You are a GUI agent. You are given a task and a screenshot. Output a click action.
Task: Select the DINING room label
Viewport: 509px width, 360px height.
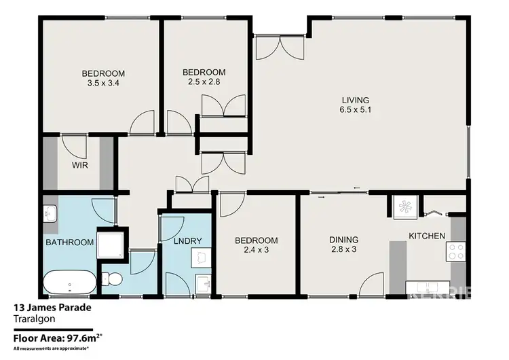click(x=343, y=240)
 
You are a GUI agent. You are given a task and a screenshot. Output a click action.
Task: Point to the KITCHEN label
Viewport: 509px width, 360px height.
click(x=426, y=236)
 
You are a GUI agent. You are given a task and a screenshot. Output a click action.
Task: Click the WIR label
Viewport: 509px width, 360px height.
click(x=79, y=165)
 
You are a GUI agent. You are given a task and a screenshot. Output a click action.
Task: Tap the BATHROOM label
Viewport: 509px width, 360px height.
click(x=69, y=242)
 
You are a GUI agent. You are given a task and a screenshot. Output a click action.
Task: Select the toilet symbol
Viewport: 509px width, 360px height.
click(x=113, y=278)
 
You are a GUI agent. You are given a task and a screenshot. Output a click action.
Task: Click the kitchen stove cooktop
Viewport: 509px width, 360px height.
click(x=456, y=252)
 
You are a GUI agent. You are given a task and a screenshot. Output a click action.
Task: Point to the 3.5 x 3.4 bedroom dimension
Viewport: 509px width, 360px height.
click(x=104, y=84)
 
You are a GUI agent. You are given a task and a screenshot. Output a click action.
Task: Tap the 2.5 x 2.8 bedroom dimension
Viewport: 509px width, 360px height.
click(x=204, y=82)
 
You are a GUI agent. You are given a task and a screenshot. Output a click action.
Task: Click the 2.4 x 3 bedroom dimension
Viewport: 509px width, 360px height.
click(x=257, y=251)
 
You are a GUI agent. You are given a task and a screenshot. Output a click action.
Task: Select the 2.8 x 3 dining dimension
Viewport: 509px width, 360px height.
click(x=343, y=250)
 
